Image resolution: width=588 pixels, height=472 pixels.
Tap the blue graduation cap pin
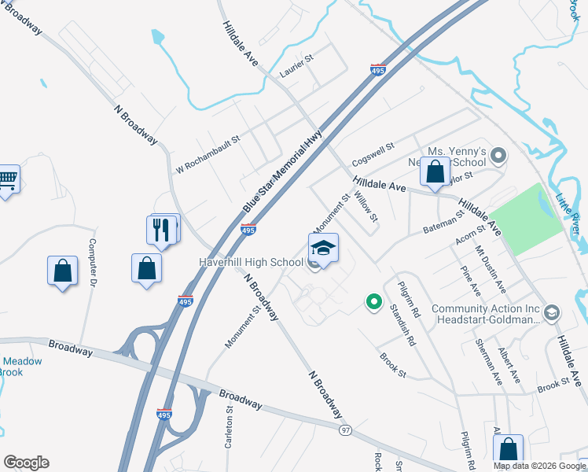[323, 249]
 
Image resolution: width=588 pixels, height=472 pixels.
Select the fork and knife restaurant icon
[162, 230]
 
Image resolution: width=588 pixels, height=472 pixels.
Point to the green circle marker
[373, 301]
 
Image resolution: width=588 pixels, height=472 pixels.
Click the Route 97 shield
[345, 430]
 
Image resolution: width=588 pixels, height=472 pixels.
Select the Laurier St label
[296, 76]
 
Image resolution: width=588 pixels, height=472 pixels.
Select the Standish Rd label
[403, 325]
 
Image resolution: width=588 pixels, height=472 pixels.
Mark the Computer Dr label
[93, 262]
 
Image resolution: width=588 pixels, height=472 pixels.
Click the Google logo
[26, 463]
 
